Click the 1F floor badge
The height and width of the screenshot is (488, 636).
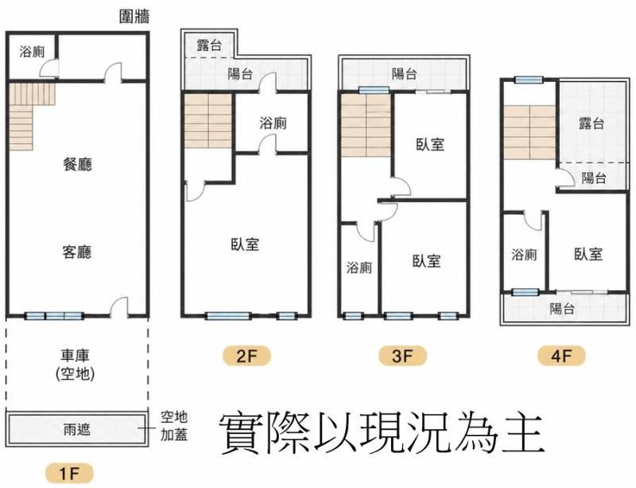[x=69, y=474]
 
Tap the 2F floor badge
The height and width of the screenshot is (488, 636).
[x=246, y=357]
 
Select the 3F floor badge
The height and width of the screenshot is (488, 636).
[x=402, y=357]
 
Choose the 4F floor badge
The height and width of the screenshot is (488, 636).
[x=561, y=357]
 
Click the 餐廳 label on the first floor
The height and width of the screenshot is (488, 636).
[x=77, y=165]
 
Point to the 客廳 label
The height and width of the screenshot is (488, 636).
[x=77, y=252]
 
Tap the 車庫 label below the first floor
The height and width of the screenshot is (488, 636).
[x=75, y=356]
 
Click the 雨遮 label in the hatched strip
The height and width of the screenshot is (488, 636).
[x=76, y=429]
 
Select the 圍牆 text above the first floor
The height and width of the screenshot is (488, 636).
[x=134, y=17]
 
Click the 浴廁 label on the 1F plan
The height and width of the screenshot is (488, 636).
[x=32, y=52]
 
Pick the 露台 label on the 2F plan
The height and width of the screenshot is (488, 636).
[x=209, y=45]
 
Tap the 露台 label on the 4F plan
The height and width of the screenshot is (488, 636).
[x=591, y=123]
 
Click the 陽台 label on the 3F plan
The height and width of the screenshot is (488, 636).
[x=404, y=74]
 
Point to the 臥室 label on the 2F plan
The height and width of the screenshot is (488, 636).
[x=245, y=244]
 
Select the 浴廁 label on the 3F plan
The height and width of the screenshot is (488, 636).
[x=359, y=267]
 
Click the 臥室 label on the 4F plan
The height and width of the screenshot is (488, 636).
[x=588, y=255]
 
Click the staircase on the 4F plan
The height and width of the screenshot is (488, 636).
[x=529, y=132]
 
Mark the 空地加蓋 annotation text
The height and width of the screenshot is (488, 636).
[x=174, y=426]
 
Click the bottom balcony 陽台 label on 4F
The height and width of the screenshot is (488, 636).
[x=562, y=309]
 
